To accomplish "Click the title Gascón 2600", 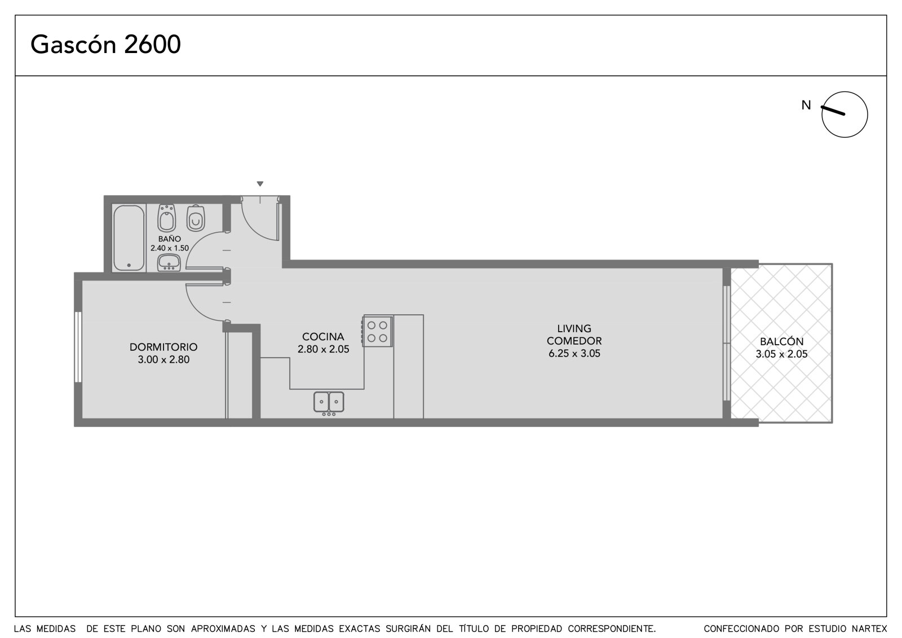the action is pos(105,45).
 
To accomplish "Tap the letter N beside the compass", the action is pos(806,105).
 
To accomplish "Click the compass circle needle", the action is pos(833,111).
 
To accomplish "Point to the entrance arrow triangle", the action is pos(260,184).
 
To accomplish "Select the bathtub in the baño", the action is pos(129,238).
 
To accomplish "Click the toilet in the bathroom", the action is pos(196,218).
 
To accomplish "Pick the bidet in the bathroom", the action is pos(167,218).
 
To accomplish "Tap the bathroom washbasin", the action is pos(169,263).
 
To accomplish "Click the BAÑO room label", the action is pos(170,239).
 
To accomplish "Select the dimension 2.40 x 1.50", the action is pos(170,248).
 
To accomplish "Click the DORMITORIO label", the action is pos(163,346).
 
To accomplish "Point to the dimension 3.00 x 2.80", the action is pos(163,359).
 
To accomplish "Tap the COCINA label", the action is pos(323,337).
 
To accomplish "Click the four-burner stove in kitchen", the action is pos(377,332).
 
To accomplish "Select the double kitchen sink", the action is pos(329,402).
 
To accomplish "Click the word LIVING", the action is pos(574,328).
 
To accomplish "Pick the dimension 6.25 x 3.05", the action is pos(574,354).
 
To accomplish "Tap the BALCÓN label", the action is pos(781,341).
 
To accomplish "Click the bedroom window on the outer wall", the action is pos(78,347).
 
